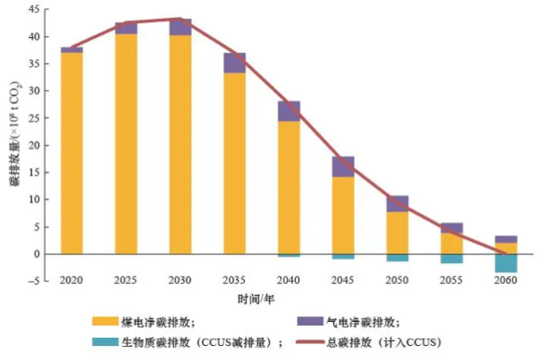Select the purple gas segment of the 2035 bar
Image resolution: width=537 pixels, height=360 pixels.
point(235,62)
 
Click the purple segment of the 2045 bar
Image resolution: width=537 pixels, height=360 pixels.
point(343,167)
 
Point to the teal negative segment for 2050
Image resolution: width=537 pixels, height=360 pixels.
point(397,257)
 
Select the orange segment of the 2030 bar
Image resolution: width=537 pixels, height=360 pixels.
point(181,144)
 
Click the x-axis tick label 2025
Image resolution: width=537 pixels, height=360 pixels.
point(126,280)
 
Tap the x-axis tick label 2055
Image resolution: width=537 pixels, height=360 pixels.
point(451,280)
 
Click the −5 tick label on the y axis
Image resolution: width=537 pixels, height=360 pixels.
point(31,281)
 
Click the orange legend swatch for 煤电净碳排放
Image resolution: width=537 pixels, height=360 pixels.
point(107,321)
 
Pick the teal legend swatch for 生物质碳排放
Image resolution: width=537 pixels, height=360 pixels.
point(107,343)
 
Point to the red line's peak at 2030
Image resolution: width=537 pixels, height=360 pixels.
point(181,19)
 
